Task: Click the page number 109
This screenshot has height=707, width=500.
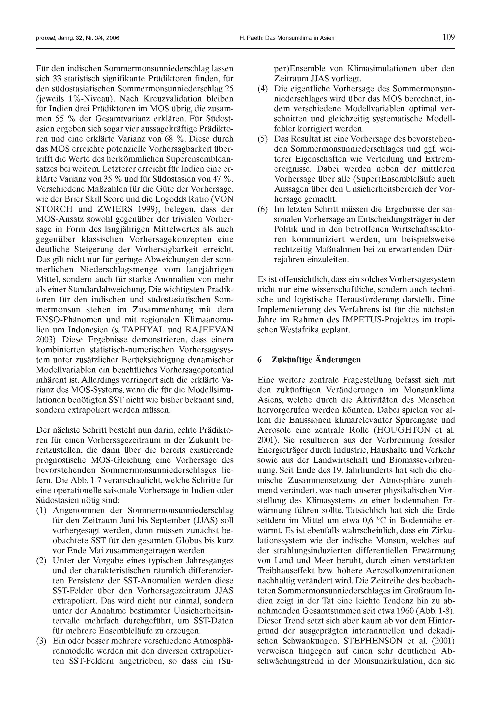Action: (x=448, y=38)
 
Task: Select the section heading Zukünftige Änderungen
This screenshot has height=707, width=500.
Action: (x=316, y=360)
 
